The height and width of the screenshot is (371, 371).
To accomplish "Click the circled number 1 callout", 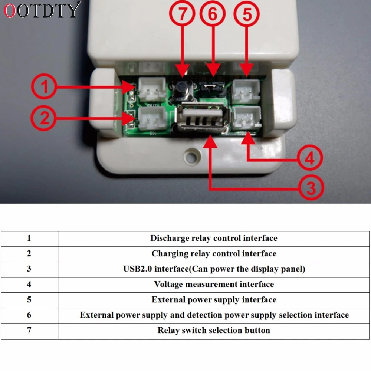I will pos(44,88).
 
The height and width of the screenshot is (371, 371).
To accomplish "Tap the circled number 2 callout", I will pos(44,119).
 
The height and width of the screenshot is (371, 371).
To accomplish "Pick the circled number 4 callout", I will pos(309,159).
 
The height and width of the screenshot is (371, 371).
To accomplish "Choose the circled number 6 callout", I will pos(213,15).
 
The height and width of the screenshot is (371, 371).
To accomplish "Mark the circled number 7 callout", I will pos(182,15).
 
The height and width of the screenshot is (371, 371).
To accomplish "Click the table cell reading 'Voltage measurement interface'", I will pos(214,285).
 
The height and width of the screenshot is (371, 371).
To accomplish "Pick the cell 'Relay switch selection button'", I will pos(214,331).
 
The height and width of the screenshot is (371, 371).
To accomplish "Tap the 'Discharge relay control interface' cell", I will pos(214,238).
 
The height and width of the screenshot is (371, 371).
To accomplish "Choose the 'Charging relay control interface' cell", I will pos(214,254).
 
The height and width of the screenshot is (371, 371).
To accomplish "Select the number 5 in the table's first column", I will pos(29,300).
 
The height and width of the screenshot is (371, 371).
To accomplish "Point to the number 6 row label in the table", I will pos(29,315).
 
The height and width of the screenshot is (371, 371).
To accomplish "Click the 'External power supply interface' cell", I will pos(214,300).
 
